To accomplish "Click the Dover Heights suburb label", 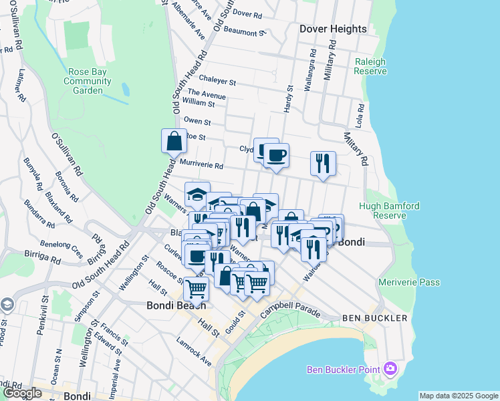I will click(x=333, y=29).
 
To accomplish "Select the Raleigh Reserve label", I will click(x=370, y=65).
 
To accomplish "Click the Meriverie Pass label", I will click(x=409, y=282).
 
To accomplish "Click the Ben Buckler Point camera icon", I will click(x=390, y=369).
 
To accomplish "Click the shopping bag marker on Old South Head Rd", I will click(x=174, y=142).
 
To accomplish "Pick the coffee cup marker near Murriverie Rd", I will click(x=275, y=156).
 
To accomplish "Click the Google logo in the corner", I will click(x=22, y=393).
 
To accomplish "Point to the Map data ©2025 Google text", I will click(x=459, y=396).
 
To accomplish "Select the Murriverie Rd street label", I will click(x=201, y=164).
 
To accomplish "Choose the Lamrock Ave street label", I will click(x=194, y=352).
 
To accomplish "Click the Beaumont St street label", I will click(x=240, y=32).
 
